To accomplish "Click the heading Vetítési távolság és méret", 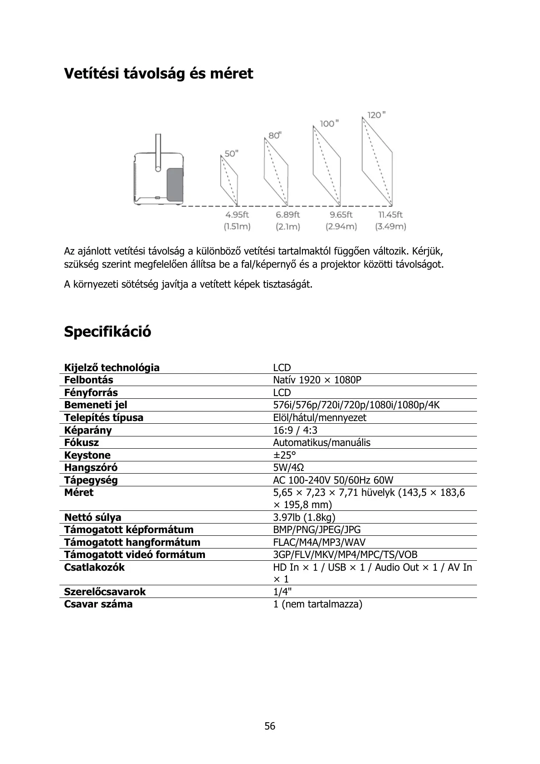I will click(158, 73).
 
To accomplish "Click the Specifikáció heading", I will click(107, 332).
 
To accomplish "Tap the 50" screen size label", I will click(231, 153).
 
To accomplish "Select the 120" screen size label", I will click(376, 115).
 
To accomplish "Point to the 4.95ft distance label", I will click(237, 215).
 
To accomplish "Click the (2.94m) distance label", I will click(341, 226).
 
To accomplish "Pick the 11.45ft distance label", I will click(390, 215).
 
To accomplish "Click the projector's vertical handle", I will click(158, 152).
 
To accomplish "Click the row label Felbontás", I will click(89, 380).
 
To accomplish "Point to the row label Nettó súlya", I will click(92, 517).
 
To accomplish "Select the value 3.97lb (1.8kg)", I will click(304, 517).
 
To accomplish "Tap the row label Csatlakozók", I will click(94, 567).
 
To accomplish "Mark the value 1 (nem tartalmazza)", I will click(317, 604).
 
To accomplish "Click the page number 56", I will click(270, 726).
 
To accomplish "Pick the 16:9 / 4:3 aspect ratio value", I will click(295, 430).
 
